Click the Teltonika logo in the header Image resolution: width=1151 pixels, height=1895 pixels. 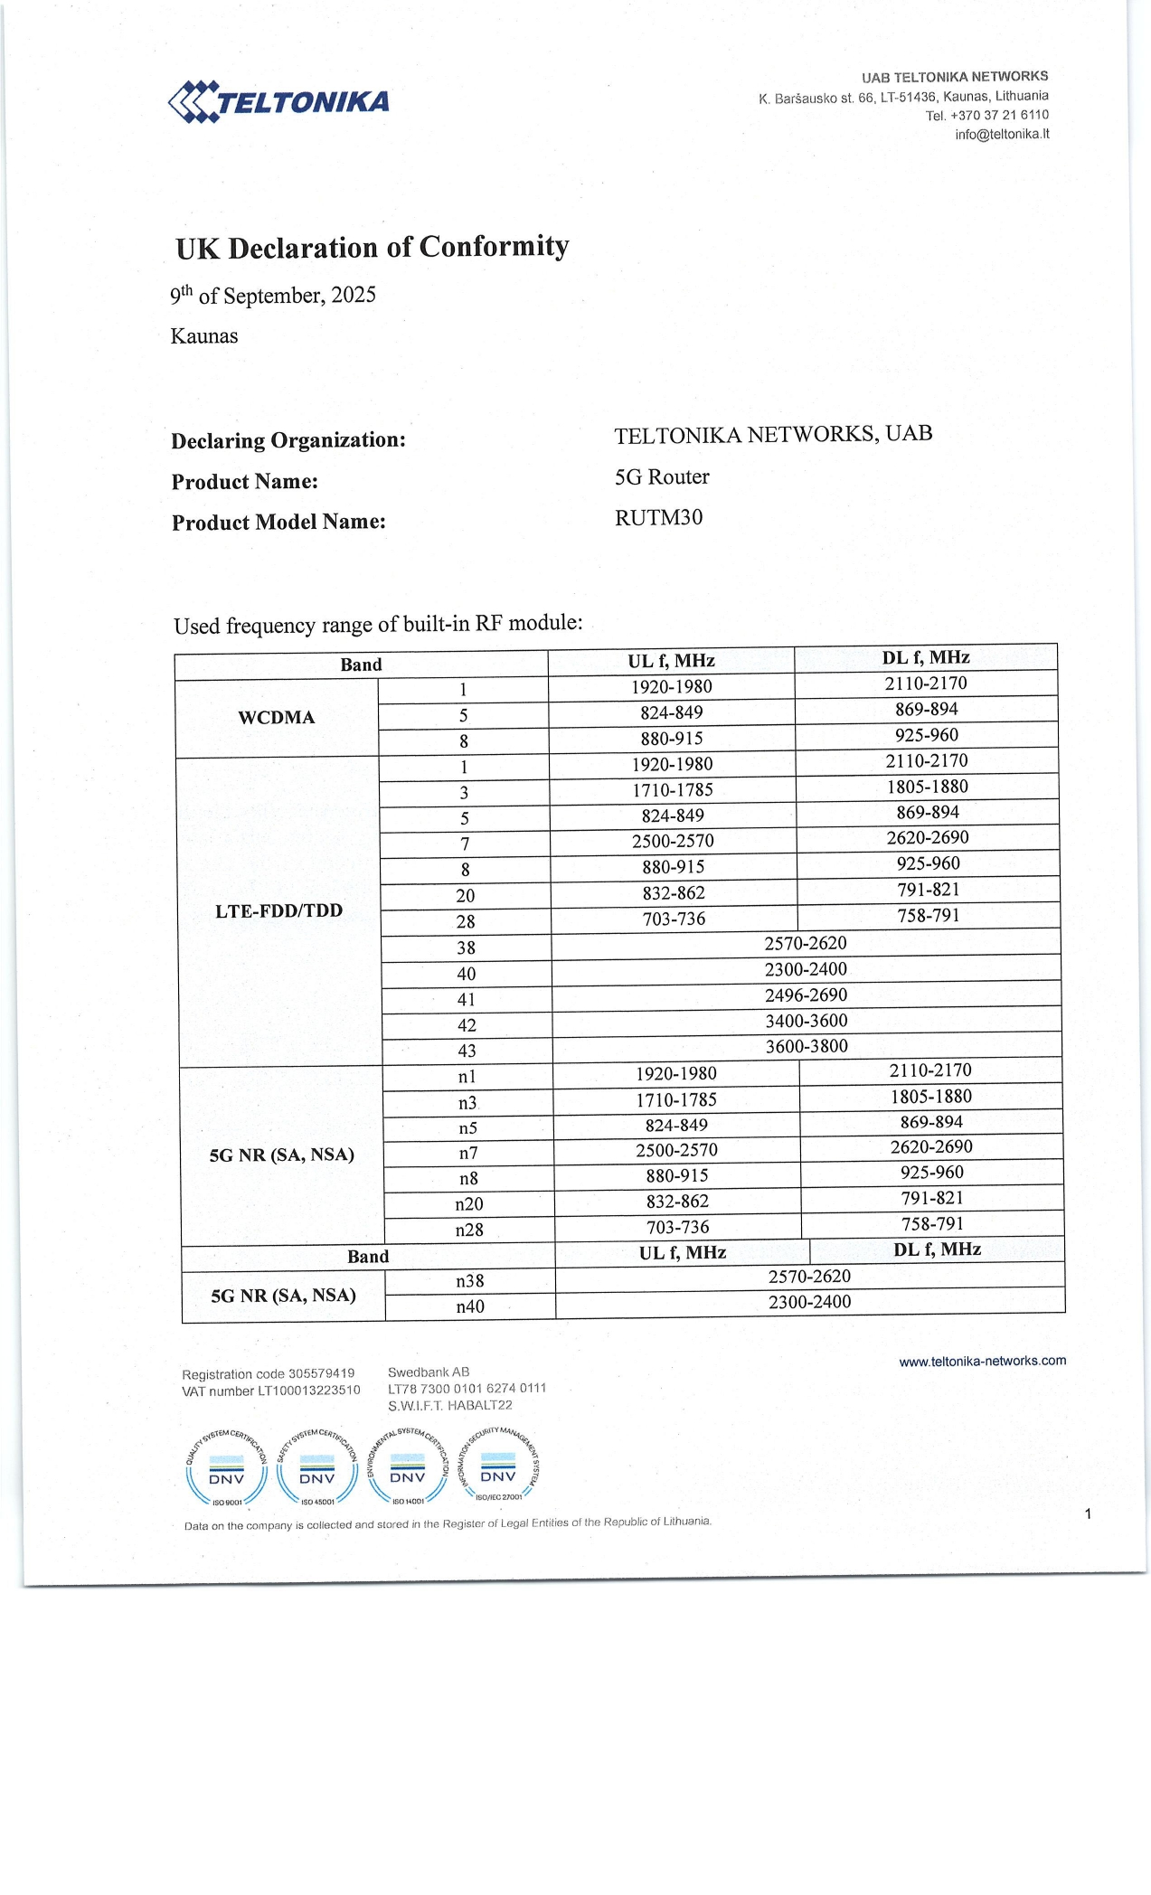[x=278, y=101]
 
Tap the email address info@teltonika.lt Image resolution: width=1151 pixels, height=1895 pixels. [x=1002, y=135]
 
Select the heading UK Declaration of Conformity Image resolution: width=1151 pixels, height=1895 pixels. [x=372, y=248]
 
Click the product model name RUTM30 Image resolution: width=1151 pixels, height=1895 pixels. [x=658, y=518]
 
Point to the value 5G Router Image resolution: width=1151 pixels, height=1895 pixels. [x=662, y=477]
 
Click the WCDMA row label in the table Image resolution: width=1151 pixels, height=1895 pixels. [x=276, y=718]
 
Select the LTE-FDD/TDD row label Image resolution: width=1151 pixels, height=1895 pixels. [x=278, y=911]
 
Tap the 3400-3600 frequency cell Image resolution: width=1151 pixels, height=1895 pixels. [x=806, y=1021]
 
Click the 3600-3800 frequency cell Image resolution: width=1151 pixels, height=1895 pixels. [x=807, y=1047]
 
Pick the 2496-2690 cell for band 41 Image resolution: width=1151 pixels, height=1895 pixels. [x=806, y=995]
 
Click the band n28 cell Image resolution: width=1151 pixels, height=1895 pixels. [x=469, y=1230]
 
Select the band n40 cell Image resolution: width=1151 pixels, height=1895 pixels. [x=470, y=1307]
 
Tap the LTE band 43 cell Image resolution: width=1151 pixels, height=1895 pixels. [x=467, y=1051]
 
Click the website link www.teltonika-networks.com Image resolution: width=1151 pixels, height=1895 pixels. [x=982, y=1362]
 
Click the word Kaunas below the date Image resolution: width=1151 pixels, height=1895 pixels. [x=204, y=337]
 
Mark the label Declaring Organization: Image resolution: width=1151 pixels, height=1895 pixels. [x=288, y=441]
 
